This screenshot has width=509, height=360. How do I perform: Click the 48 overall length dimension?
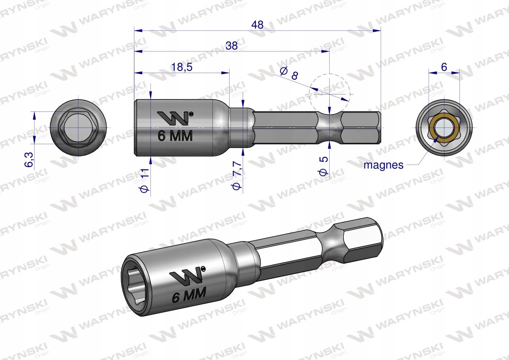[257, 25]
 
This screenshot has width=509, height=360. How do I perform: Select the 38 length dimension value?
[232, 45]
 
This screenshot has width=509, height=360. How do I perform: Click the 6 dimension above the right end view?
[444, 67]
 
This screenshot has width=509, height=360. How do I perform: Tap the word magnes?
[383, 165]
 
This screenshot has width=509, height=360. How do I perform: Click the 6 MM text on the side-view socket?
[175, 136]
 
